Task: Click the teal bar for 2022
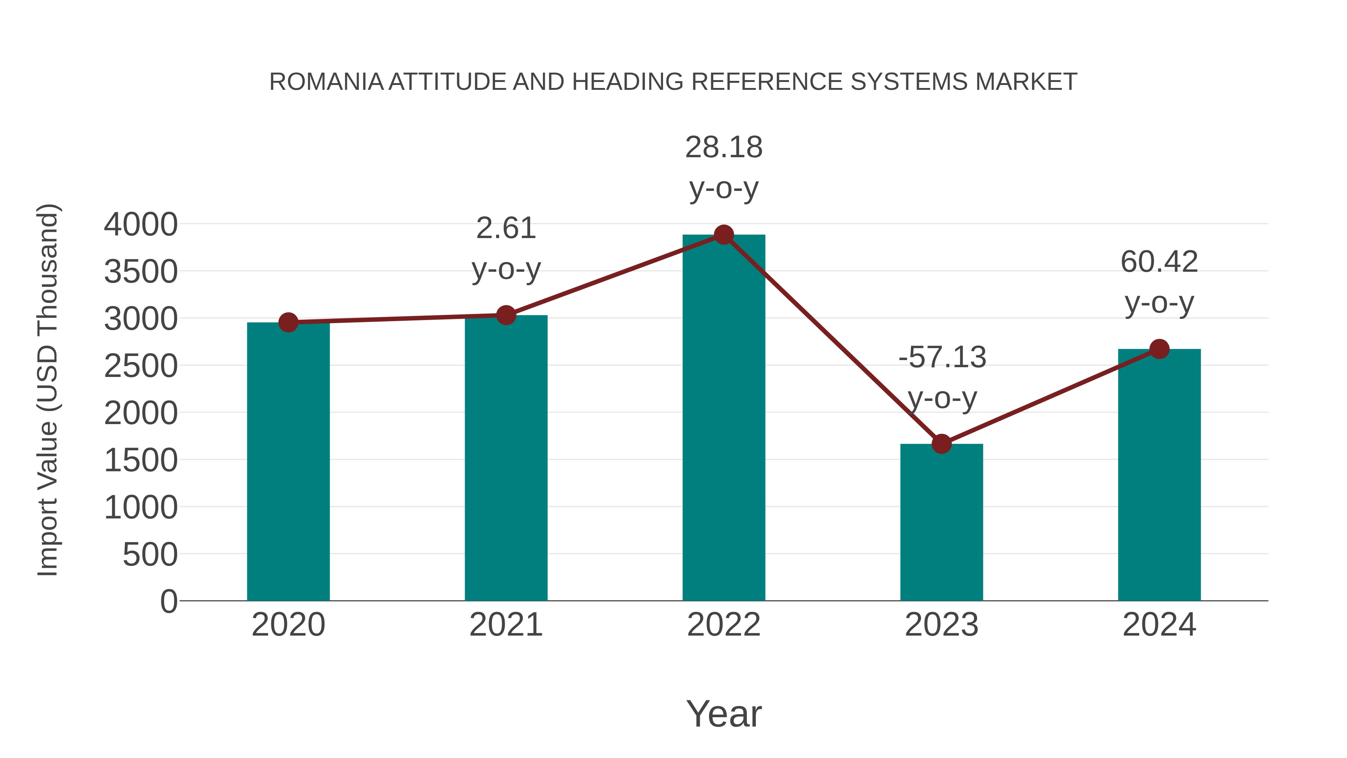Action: [x=724, y=418]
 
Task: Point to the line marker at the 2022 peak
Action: [x=724, y=235]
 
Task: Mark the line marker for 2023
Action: [x=941, y=444]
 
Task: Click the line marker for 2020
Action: [x=288, y=322]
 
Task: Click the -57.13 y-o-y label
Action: [x=942, y=377]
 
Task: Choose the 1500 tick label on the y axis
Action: [x=141, y=460]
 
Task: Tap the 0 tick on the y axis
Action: [x=168, y=601]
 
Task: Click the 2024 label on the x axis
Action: [x=1159, y=625]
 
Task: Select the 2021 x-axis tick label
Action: [x=505, y=625]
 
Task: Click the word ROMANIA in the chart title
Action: [x=326, y=82]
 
